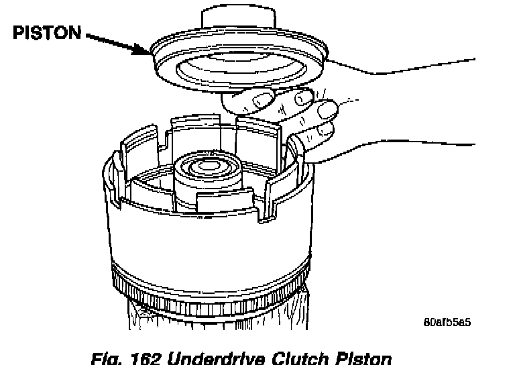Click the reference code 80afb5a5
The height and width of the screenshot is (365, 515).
[447, 321]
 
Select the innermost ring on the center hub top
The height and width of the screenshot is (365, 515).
[205, 163]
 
